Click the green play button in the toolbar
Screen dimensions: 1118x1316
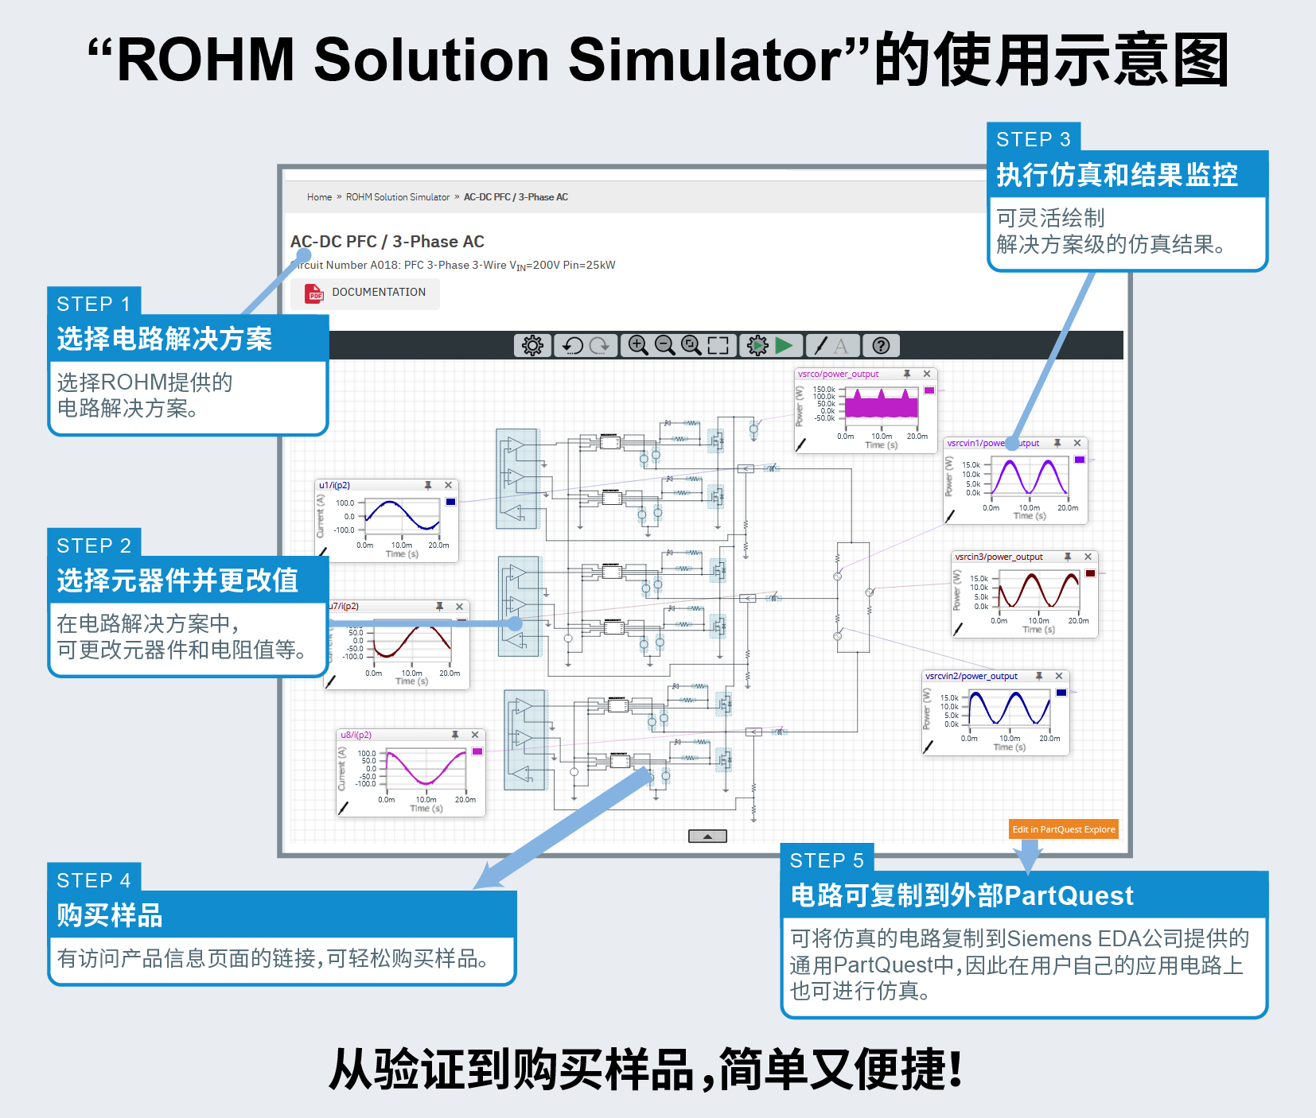click(x=784, y=345)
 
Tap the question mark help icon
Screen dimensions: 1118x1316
click(x=880, y=345)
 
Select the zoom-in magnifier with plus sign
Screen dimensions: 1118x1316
click(x=637, y=345)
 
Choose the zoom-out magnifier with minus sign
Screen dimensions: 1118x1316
click(x=664, y=345)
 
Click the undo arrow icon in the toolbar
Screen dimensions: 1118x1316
click(x=572, y=345)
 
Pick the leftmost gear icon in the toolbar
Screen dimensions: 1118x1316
click(x=532, y=345)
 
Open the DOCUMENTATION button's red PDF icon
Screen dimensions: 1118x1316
click(x=314, y=293)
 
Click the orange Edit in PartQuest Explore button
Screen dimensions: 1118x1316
click(x=1063, y=829)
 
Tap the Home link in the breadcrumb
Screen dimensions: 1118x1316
click(x=319, y=197)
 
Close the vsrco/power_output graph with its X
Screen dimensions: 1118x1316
click(x=927, y=374)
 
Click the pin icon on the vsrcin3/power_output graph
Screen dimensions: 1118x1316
click(x=1068, y=557)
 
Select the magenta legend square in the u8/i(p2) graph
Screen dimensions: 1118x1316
click(x=477, y=751)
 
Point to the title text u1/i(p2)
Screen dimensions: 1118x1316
click(x=334, y=485)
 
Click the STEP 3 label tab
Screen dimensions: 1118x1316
click(x=1033, y=139)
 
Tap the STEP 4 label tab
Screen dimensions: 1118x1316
click(x=94, y=880)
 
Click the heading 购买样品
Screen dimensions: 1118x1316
click(x=110, y=915)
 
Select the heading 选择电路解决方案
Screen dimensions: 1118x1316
click(x=164, y=339)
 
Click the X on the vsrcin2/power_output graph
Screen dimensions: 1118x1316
click(x=1059, y=676)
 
